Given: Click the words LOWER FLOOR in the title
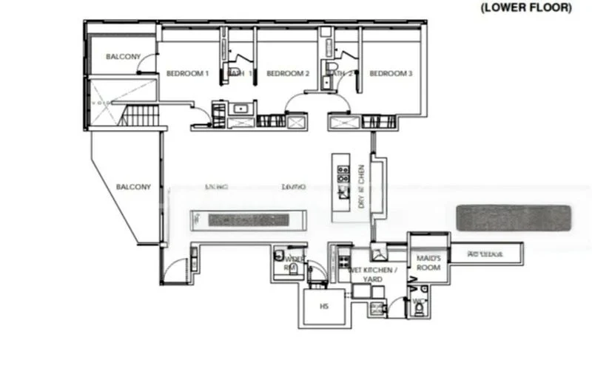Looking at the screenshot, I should tap(526, 8).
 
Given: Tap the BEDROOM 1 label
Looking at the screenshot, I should tap(187, 74).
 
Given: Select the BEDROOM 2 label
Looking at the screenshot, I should tap(287, 74).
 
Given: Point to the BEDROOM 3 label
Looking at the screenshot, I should tap(391, 74).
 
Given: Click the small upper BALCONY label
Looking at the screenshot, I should tap(119, 57).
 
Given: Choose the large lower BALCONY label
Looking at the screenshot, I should tap(133, 187).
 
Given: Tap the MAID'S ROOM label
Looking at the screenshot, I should tap(428, 262).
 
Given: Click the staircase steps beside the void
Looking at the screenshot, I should tap(140, 116).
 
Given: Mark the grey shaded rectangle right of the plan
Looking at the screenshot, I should tap(514, 218).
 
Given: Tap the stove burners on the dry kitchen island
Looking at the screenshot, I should tap(343, 174).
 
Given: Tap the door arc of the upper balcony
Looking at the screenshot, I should tap(148, 64).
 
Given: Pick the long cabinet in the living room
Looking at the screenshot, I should tap(248, 220).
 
